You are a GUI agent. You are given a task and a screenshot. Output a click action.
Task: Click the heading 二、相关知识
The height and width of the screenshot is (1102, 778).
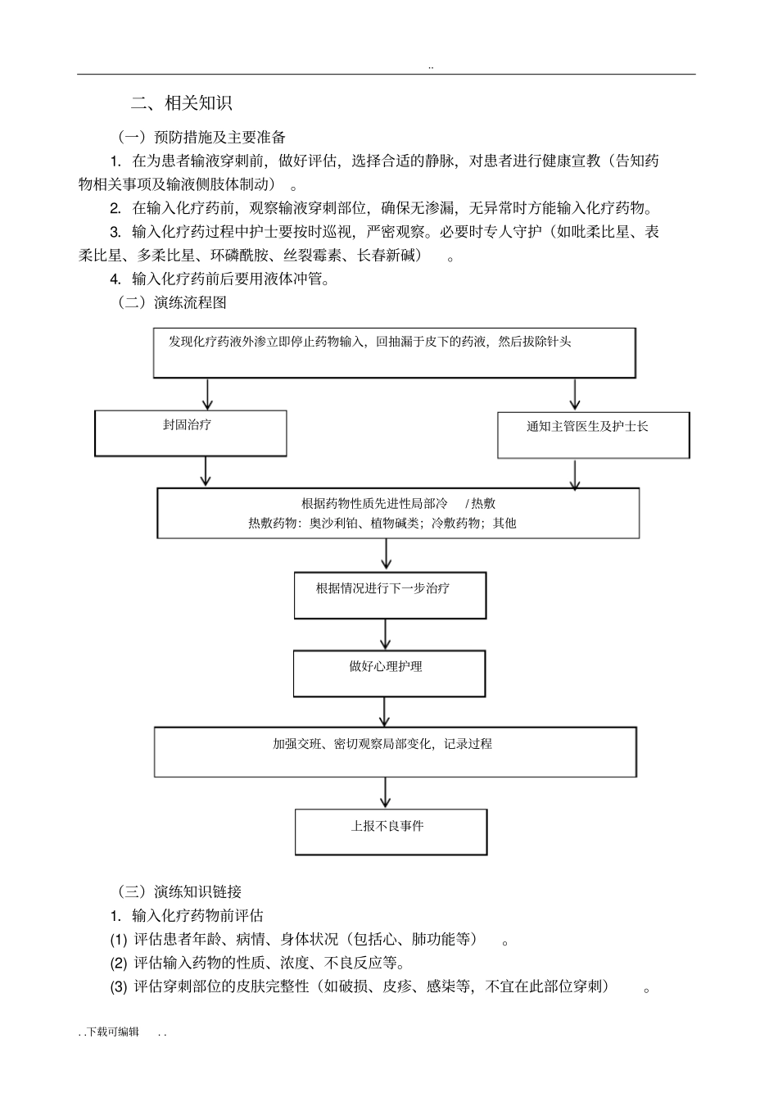click(x=182, y=103)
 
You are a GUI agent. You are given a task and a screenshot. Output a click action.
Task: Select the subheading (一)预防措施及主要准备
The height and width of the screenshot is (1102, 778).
click(x=202, y=137)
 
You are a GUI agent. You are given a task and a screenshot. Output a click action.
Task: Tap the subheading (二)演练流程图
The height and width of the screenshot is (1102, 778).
click(x=172, y=302)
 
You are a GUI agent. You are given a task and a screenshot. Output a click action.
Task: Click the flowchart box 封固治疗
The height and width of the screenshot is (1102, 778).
click(x=191, y=433)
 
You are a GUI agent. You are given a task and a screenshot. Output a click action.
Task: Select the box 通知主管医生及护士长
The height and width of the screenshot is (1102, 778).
click(x=593, y=434)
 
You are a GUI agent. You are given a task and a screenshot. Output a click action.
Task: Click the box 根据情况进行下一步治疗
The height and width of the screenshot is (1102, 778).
click(x=390, y=595)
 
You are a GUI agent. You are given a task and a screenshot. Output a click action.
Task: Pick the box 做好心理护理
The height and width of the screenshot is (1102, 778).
click(x=389, y=673)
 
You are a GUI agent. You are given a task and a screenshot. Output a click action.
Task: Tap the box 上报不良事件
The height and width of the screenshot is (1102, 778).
click(x=391, y=832)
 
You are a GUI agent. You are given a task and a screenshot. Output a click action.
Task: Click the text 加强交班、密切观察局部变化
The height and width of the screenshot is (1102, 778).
click(x=354, y=744)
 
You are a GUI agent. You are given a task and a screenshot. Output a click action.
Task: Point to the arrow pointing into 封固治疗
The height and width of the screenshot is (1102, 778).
click(x=208, y=394)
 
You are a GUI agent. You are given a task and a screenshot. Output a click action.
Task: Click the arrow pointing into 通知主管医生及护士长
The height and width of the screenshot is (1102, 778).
click(x=575, y=394)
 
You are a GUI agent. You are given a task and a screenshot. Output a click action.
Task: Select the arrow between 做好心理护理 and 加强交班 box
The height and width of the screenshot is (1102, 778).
click(x=385, y=711)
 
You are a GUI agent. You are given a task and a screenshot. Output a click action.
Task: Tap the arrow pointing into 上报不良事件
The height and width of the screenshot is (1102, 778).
click(x=386, y=792)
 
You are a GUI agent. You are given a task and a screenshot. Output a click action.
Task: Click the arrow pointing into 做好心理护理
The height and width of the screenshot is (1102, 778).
click(x=386, y=634)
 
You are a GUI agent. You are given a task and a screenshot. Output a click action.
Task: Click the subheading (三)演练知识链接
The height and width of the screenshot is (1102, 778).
click(x=179, y=891)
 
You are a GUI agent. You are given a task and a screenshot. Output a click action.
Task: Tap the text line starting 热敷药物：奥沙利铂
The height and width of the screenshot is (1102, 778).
click(x=382, y=523)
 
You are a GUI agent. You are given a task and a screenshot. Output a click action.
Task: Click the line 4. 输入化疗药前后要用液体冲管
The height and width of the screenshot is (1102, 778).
click(x=220, y=279)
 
